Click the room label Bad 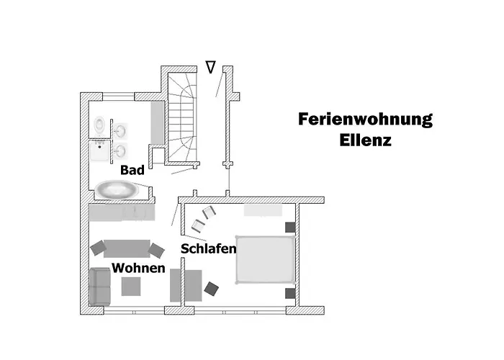click(132, 171)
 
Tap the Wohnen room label click(138, 269)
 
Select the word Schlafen click(210, 248)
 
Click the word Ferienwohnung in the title click(365, 120)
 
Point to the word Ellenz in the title click(365, 140)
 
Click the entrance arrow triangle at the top click(210, 68)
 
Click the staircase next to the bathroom click(181, 115)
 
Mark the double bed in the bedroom click(264, 258)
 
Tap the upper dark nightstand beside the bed click(290, 227)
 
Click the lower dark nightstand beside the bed click(290, 293)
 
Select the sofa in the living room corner click(99, 287)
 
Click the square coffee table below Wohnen click(131, 287)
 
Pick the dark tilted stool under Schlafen click(212, 289)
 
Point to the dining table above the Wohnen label click(127, 248)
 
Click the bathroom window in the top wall click(119, 96)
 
